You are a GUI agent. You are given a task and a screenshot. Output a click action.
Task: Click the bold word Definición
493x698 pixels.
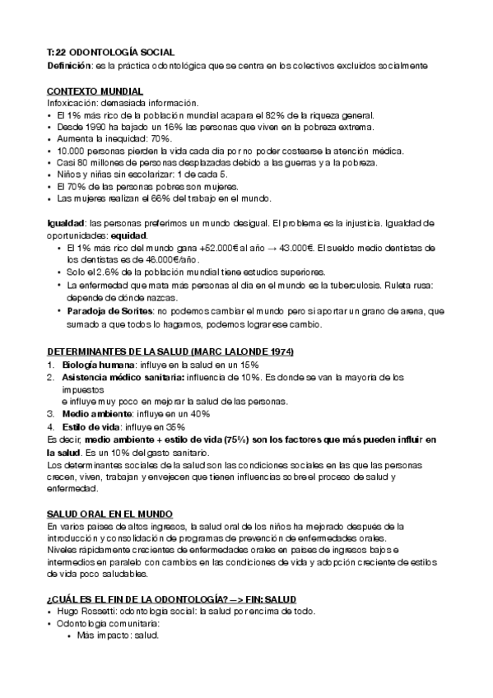68,64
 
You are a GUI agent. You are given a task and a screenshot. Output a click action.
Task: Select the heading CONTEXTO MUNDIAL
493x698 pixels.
95,90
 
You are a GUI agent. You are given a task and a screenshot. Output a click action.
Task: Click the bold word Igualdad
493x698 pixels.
67,223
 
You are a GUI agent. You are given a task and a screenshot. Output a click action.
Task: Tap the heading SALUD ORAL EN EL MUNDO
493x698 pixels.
109,512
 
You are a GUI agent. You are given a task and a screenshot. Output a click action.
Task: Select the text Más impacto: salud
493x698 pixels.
116,635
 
